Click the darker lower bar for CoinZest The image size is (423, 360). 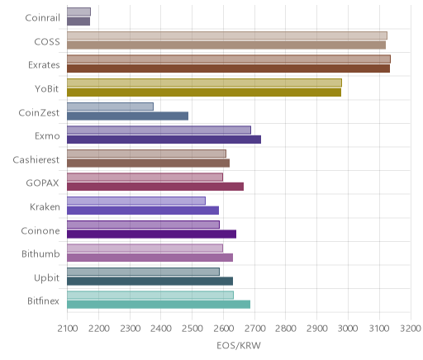[x=127, y=116]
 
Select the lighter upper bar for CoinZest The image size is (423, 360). [x=110, y=107]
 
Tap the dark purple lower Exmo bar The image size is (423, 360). [x=164, y=140]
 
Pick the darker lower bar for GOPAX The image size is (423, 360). [x=155, y=187]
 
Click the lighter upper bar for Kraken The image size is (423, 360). [x=136, y=201]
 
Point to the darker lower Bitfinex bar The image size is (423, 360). [x=159, y=305]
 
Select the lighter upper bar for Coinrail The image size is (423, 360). [x=78, y=12]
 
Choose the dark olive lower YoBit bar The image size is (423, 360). [x=204, y=92]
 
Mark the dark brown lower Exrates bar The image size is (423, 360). [x=228, y=69]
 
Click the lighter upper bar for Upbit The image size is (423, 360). [x=143, y=272]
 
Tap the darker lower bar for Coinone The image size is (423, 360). [x=151, y=234]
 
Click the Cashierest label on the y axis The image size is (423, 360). [x=36, y=159]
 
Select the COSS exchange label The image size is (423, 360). [x=47, y=41]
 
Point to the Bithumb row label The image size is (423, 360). [x=40, y=253]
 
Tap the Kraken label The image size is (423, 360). [x=45, y=206]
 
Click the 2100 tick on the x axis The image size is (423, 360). [x=68, y=329]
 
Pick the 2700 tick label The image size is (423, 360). [x=255, y=329]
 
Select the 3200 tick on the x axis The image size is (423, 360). [x=411, y=329]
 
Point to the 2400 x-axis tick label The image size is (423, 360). [x=161, y=329]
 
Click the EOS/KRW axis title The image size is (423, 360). [x=239, y=345]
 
